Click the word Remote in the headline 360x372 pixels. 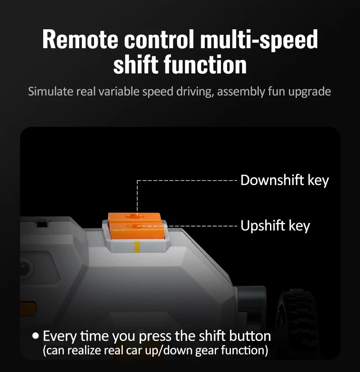(x=80, y=39)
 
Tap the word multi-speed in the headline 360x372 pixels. (x=259, y=39)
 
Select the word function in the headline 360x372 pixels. (x=205, y=64)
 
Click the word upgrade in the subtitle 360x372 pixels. (x=310, y=92)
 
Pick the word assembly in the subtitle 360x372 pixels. (x=241, y=92)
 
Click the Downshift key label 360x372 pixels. (x=285, y=180)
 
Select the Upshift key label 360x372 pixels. (x=275, y=226)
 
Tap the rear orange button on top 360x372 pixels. (x=135, y=217)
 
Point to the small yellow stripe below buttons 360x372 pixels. (x=137, y=247)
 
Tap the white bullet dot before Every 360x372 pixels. (x=36, y=336)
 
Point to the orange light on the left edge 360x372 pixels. (x=28, y=308)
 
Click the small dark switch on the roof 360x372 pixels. (x=42, y=223)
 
